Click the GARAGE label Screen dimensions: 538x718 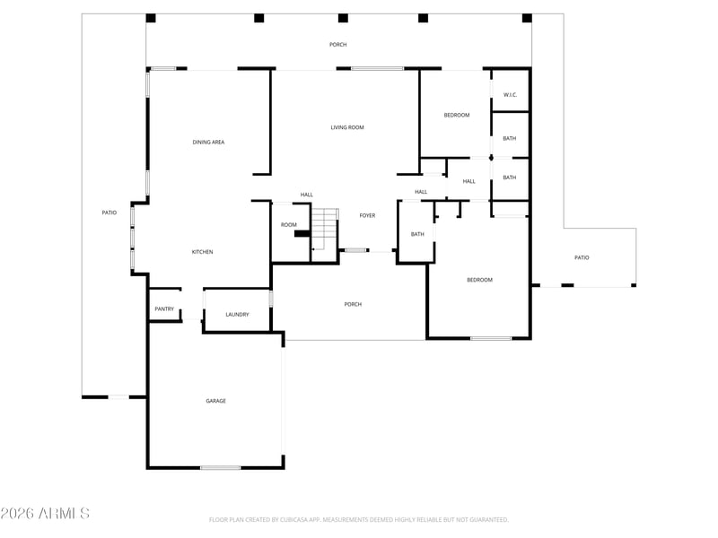(x=215, y=401)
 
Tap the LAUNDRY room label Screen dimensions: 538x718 (x=237, y=315)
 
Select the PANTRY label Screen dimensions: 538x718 (x=164, y=309)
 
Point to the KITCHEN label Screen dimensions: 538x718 (x=202, y=252)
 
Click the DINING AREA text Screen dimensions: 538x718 (x=208, y=142)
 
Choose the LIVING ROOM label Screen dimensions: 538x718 (x=347, y=127)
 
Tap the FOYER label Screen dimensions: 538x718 (x=367, y=215)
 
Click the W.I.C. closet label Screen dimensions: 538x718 (x=510, y=95)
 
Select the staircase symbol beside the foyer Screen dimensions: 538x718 (x=325, y=228)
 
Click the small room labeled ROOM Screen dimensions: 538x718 (x=288, y=225)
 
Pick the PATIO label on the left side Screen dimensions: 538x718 (x=109, y=213)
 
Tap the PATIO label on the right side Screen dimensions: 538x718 (x=582, y=257)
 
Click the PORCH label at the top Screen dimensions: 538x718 (x=337, y=44)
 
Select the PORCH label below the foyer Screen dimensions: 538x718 (x=353, y=304)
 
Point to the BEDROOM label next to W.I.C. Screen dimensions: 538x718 (x=457, y=115)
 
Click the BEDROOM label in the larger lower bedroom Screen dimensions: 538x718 (x=479, y=280)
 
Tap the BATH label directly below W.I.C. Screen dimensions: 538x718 (x=509, y=138)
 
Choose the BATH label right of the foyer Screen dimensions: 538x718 (x=417, y=234)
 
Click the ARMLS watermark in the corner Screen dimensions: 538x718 (x=45, y=514)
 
